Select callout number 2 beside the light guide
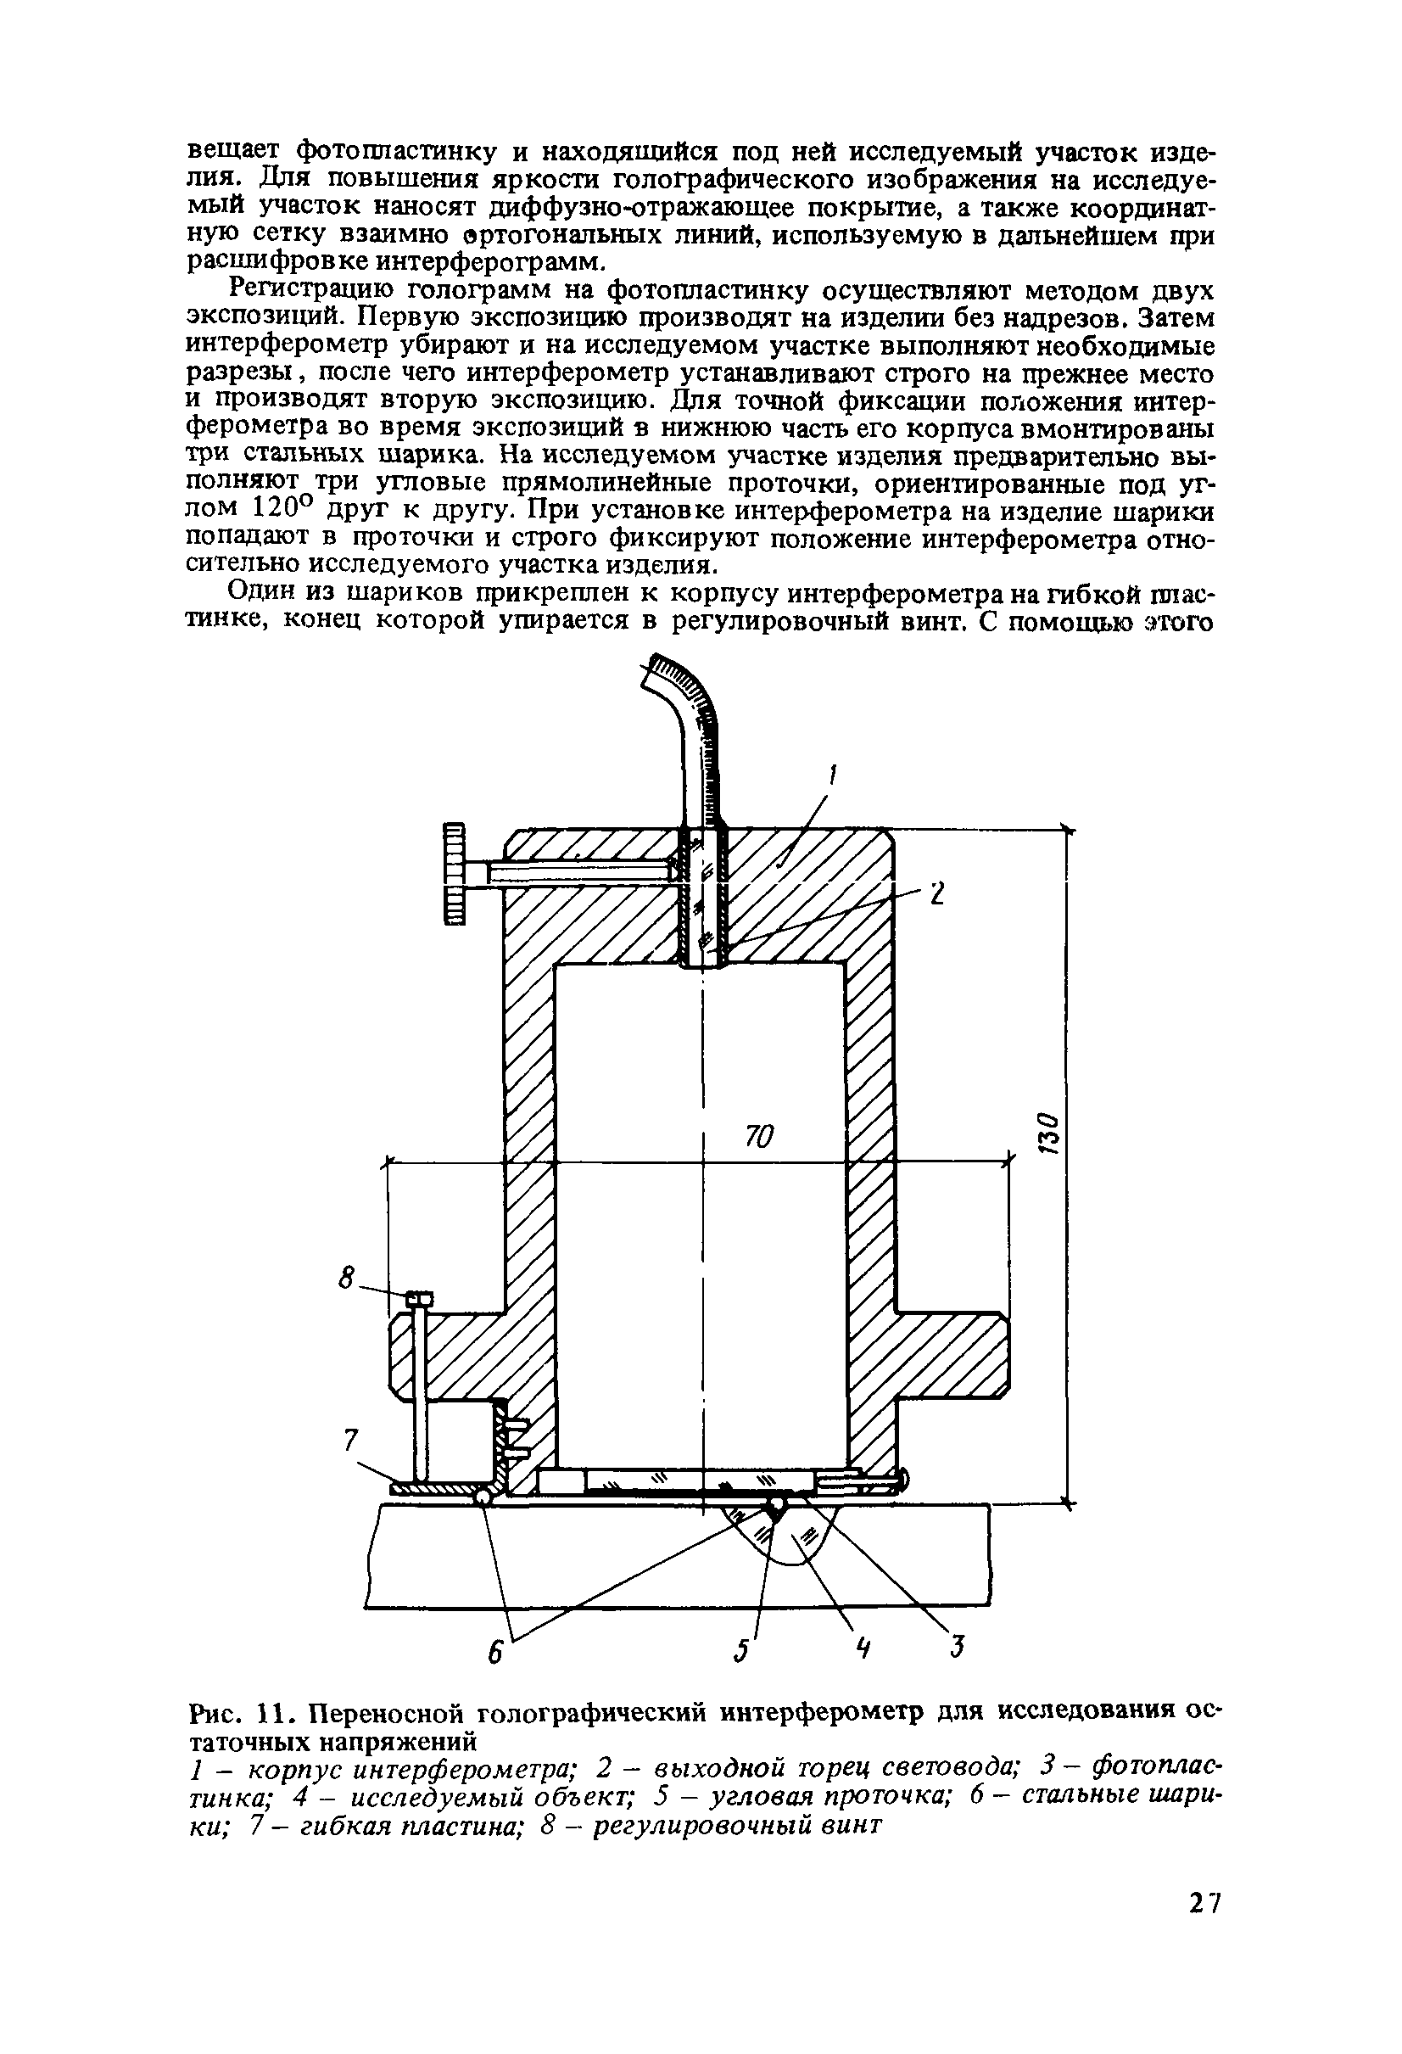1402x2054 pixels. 936,893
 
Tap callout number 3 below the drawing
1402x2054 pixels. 955,1647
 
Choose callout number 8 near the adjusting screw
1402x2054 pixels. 348,1277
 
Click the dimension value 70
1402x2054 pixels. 758,1137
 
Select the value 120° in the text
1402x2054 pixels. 283,508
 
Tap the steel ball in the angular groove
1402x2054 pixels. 777,1504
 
